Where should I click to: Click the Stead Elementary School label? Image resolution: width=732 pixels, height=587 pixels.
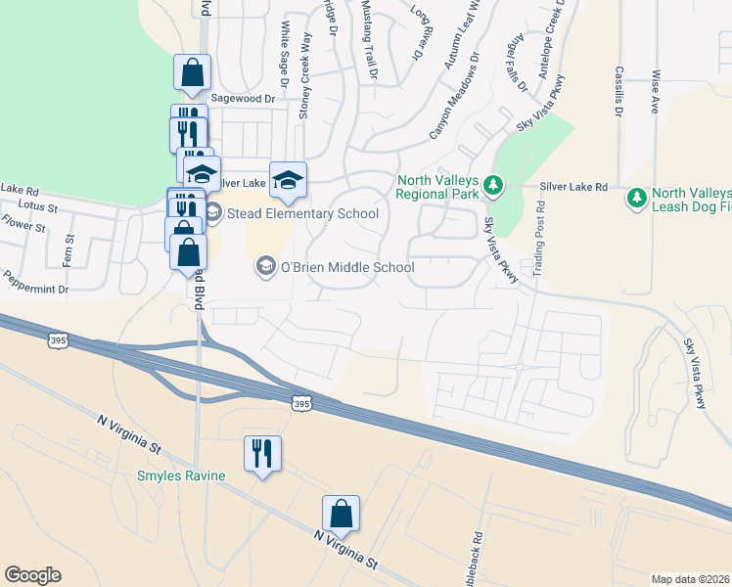click(x=302, y=213)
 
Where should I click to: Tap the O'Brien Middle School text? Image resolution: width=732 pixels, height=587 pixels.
click(x=347, y=267)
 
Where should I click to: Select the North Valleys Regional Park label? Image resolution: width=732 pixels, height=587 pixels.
click(x=439, y=186)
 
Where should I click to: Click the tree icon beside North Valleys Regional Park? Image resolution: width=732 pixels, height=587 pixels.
click(x=494, y=184)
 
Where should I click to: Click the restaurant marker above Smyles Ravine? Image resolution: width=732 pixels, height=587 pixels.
click(x=261, y=453)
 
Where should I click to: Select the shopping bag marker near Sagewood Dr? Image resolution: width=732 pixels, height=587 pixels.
click(x=192, y=72)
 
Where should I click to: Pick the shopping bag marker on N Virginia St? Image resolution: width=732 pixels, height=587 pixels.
click(x=341, y=514)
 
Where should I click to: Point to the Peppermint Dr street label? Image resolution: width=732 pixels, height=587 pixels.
click(x=35, y=290)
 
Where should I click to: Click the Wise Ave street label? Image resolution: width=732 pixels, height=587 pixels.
click(x=654, y=89)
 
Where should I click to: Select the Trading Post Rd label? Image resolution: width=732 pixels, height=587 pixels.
click(x=539, y=240)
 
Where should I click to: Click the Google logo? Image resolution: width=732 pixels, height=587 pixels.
click(x=32, y=575)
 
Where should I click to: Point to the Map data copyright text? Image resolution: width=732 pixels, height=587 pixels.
click(x=691, y=579)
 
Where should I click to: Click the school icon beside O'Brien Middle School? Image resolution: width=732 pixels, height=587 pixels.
click(x=264, y=267)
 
